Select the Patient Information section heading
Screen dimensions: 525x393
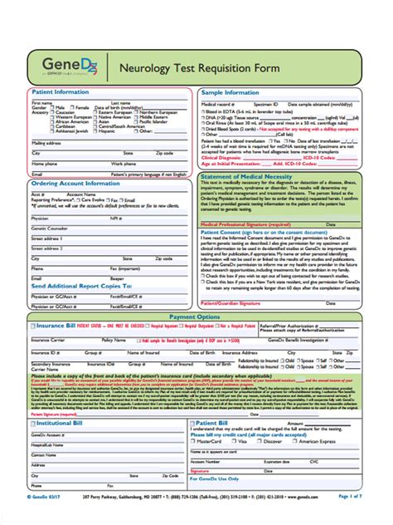(61, 92)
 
